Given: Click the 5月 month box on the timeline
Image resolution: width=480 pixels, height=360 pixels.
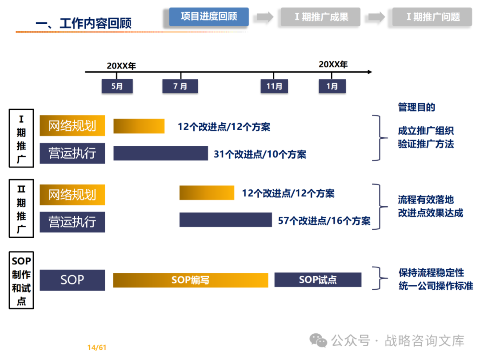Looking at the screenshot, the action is click(x=117, y=86).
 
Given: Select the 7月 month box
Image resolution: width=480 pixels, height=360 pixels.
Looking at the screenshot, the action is click(x=180, y=86).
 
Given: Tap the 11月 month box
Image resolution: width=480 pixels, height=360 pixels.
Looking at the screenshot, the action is click(x=274, y=86).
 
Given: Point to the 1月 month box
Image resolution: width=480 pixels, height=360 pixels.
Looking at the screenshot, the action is click(x=332, y=86).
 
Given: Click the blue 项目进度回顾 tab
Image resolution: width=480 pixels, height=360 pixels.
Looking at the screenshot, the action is click(x=209, y=16).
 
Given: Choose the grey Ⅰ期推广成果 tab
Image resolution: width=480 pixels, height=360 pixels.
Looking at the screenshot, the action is click(x=320, y=17).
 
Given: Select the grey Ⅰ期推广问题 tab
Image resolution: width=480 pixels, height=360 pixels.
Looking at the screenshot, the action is click(x=432, y=17).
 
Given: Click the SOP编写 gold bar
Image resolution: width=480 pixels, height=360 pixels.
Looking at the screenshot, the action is click(x=191, y=280).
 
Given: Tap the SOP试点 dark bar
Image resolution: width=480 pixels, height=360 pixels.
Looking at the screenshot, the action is click(x=318, y=280).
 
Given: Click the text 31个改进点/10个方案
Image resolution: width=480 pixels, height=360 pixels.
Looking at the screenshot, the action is click(x=260, y=154).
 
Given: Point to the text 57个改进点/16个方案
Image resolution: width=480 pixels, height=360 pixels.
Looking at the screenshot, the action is click(x=324, y=221).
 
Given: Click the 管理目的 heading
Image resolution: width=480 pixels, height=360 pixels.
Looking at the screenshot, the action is click(x=416, y=107).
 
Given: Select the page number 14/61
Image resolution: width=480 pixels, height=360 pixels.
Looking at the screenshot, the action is click(x=97, y=348).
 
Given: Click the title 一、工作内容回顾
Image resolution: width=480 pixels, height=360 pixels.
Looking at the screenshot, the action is click(x=84, y=23).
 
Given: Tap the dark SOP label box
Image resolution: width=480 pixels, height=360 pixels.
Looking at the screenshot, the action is click(x=72, y=280).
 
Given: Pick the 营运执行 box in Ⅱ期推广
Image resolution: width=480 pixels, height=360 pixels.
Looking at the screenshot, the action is click(x=72, y=222).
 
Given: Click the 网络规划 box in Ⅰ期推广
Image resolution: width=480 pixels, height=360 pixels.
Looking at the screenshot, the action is click(x=72, y=125).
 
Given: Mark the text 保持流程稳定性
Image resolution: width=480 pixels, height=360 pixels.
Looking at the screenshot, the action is click(x=431, y=272).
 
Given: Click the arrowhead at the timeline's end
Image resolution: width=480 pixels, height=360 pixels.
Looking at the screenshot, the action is click(x=370, y=72).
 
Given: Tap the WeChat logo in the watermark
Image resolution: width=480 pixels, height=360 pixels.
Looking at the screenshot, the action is click(x=318, y=340).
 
